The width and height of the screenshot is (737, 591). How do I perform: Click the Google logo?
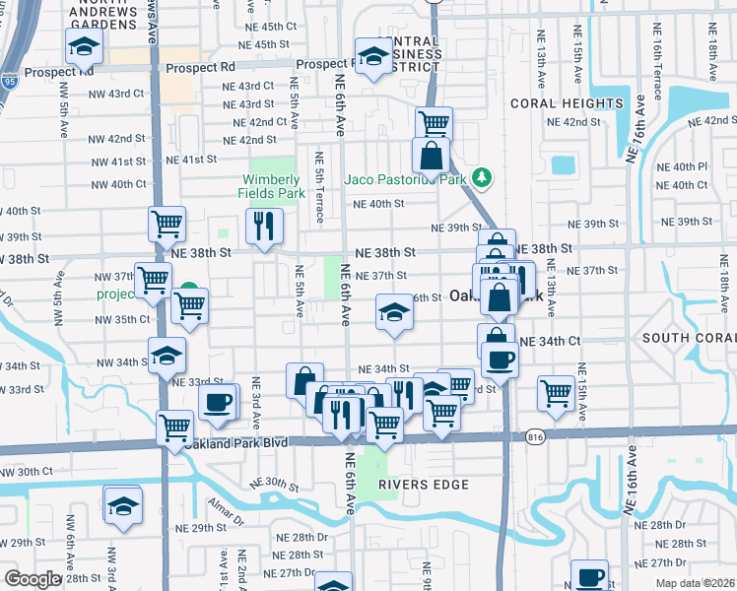point(33,579)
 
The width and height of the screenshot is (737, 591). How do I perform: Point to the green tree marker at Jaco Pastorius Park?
point(482,178)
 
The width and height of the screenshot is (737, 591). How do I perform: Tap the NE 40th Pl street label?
point(688,167)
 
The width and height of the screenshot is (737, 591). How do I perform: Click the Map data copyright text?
point(697,581)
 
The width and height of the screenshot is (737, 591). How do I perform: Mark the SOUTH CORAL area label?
point(688,338)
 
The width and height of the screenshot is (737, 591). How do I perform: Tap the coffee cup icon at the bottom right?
point(591,575)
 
